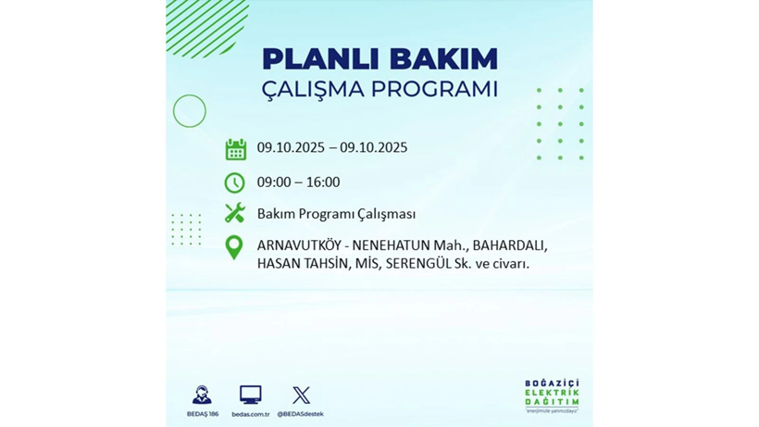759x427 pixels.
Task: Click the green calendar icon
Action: pyautogui.click(x=235, y=149)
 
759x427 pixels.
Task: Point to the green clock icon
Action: pyautogui.click(x=235, y=182)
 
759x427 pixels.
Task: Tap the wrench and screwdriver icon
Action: pyautogui.click(x=235, y=214)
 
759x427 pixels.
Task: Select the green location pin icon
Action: pyautogui.click(x=234, y=247)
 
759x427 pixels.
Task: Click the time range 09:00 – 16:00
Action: pyautogui.click(x=298, y=182)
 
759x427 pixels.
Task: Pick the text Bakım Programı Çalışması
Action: pyautogui.click(x=336, y=214)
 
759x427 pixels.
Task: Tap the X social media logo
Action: pyautogui.click(x=301, y=396)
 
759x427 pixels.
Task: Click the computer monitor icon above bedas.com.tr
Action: pyautogui.click(x=250, y=396)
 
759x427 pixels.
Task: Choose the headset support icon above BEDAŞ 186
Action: pyautogui.click(x=202, y=396)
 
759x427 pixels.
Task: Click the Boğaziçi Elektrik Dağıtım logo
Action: pyautogui.click(x=552, y=396)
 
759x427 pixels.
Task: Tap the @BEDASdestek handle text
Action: pyautogui.click(x=301, y=414)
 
